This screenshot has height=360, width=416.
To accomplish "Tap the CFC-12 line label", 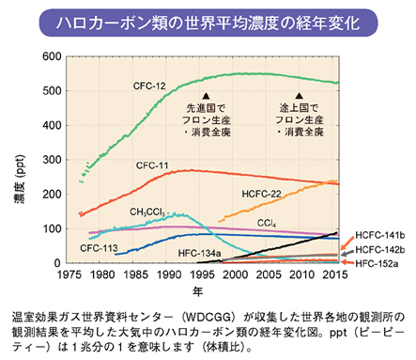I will pyautogui.click(x=147, y=86).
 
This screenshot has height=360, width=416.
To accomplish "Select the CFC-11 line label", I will pyautogui.click(x=152, y=164).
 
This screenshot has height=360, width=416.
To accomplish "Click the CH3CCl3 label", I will pyautogui.click(x=149, y=211).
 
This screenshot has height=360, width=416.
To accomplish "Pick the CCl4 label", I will pyautogui.click(x=267, y=223).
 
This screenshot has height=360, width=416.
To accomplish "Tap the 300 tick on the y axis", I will pyautogui.click(x=61, y=160).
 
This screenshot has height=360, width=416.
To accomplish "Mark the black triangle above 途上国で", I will pyautogui.click(x=299, y=96).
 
